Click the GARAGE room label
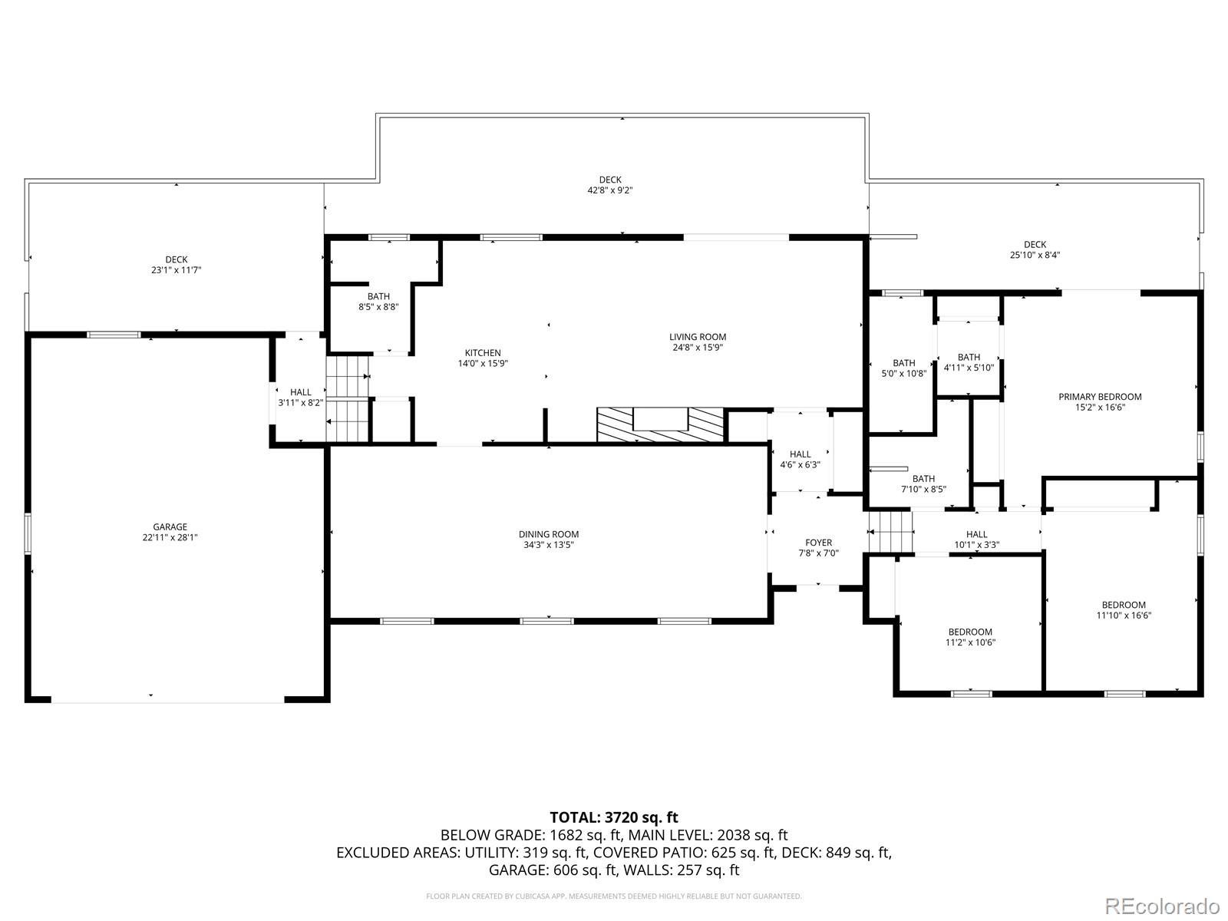coord(170,527)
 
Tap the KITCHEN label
coord(483,353)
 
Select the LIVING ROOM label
coord(698,337)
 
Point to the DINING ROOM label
coord(548,534)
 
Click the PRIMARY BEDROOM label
coord(1100,397)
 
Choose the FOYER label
coord(818,543)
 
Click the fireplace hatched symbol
coord(660,425)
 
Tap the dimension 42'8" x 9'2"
coord(610,190)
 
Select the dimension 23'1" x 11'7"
coord(177,270)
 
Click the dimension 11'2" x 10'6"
coord(971,642)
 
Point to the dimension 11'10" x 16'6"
coord(1124,616)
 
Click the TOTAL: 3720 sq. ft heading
coord(614,817)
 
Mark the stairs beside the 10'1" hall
coord(890,531)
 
